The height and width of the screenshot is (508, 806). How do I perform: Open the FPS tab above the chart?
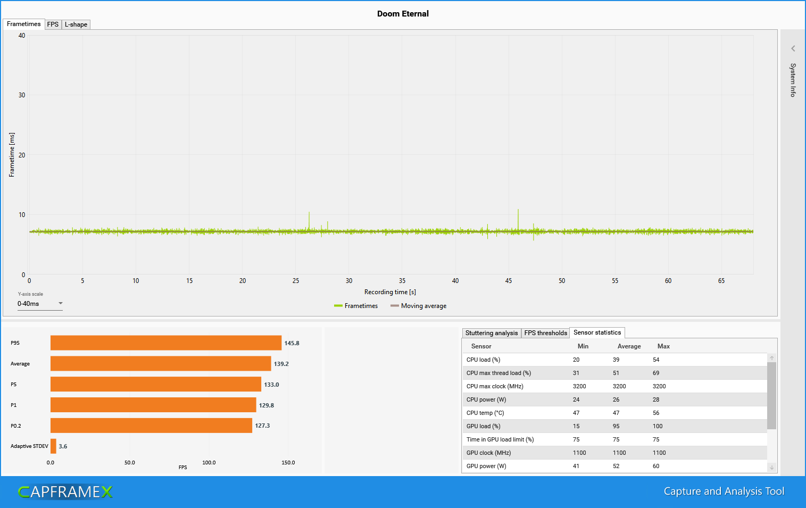[53, 24]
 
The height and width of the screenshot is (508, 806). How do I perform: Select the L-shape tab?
[76, 24]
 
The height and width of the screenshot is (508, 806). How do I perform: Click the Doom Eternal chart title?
[403, 14]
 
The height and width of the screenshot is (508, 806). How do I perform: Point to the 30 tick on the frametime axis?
[22, 95]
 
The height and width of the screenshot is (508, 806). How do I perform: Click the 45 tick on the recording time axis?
[509, 281]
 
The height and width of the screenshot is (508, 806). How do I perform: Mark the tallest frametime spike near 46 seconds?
[518, 210]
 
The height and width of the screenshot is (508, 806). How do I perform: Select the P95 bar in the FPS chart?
[165, 343]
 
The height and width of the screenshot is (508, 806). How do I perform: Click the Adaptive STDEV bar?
[53, 446]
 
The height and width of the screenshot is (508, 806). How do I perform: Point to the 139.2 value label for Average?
[281, 364]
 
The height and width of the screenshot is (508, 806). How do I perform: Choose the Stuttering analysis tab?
[491, 333]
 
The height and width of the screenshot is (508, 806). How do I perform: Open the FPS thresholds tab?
[545, 333]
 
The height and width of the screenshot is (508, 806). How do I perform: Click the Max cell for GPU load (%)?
[658, 426]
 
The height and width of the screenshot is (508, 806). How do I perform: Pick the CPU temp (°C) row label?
[485, 413]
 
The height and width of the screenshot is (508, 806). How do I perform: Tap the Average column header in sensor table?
[629, 346]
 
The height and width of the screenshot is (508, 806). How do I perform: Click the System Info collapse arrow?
[793, 48]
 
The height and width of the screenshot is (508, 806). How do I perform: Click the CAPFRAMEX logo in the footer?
[65, 492]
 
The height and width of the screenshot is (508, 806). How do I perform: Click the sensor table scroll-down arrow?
[771, 467]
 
